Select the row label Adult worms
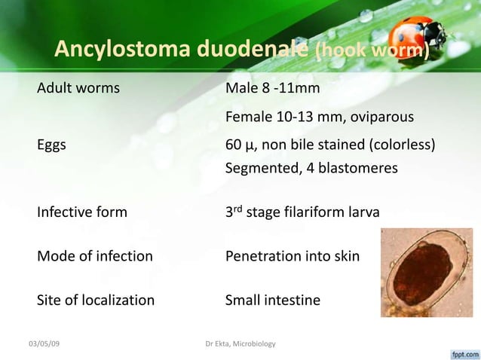pos(78,89)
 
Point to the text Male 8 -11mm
pos(272,89)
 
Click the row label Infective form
pos(82,212)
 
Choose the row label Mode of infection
pos(95,256)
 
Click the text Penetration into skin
pos(293,256)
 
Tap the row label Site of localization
pos(96,301)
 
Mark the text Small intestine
pos(273,301)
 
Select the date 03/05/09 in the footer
pos(44,344)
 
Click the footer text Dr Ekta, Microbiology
pos(240,344)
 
